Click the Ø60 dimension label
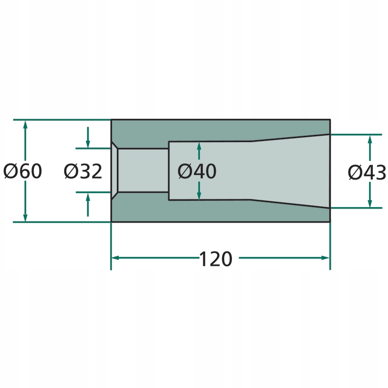23,171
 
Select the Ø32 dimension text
83,171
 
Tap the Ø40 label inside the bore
197,171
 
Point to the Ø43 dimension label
367,172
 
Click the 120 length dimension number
215,259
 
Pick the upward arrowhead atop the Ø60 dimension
25,125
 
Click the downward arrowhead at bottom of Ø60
25,217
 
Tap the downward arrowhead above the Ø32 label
88,144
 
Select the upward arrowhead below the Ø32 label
88,197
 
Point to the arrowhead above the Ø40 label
199,146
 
